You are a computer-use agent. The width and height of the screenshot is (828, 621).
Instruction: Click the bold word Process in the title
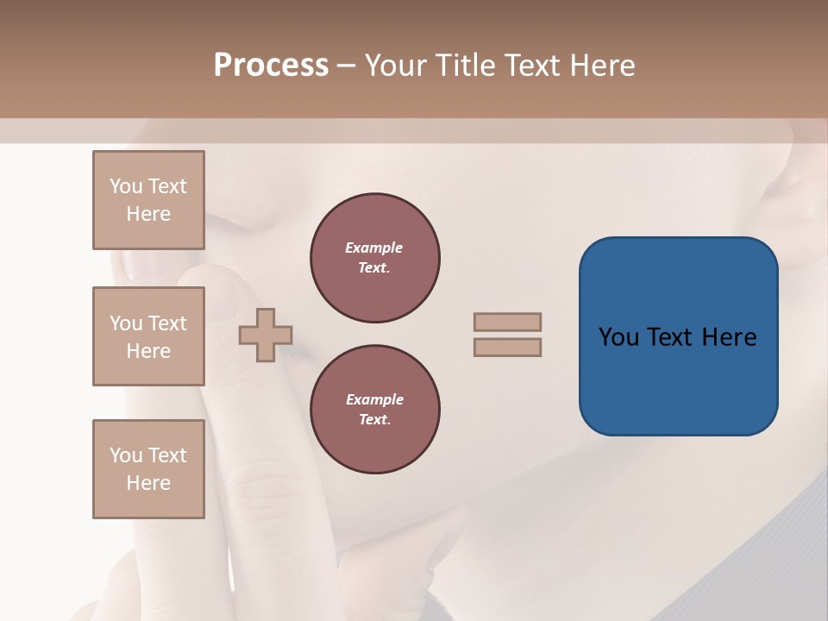tap(271, 66)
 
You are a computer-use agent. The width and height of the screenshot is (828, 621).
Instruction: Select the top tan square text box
tap(148, 200)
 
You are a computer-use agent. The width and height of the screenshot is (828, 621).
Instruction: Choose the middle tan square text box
tap(148, 336)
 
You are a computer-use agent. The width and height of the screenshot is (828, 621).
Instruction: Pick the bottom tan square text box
tap(148, 469)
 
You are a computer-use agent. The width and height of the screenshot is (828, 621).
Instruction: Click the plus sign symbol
tap(266, 335)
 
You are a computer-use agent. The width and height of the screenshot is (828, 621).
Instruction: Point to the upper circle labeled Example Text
tap(374, 258)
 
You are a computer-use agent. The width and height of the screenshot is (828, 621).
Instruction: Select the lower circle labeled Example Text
tap(374, 410)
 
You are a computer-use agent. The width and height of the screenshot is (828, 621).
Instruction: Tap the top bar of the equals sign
tap(507, 322)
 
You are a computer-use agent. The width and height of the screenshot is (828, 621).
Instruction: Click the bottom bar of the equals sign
tap(507, 347)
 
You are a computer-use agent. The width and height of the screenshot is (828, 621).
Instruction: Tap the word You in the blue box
tap(618, 337)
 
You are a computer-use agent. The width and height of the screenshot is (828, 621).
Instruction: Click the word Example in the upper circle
tap(374, 248)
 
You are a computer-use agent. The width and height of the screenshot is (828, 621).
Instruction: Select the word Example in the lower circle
tap(374, 399)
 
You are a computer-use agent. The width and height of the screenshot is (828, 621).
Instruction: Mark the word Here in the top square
tap(148, 214)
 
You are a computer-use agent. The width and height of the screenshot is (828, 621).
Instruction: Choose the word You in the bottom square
tap(126, 455)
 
